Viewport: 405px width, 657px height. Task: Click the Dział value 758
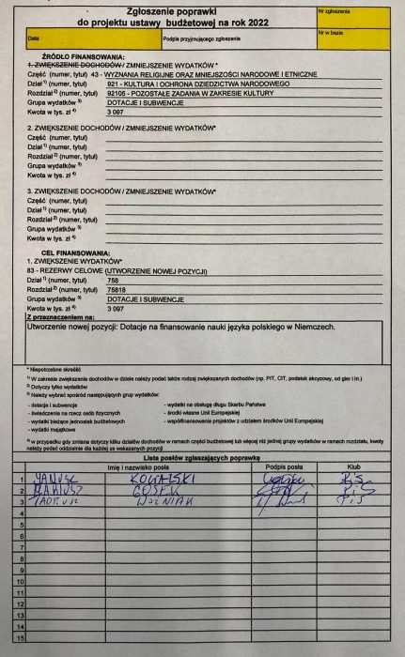114,281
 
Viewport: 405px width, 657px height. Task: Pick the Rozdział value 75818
117,290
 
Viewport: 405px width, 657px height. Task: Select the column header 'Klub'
354,466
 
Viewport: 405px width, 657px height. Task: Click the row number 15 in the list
20,649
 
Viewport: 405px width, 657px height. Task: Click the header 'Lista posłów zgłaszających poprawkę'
203,456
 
